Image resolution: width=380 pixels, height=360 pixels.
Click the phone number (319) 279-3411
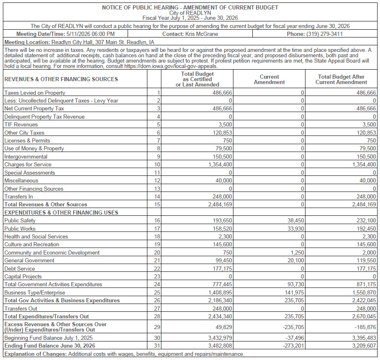(x=324, y=34)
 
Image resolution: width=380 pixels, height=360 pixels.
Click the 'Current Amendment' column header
(x=269, y=79)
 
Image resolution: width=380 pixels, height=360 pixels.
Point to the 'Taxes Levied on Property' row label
(x=35, y=93)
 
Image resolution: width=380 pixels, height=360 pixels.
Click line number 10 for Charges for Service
(x=156, y=165)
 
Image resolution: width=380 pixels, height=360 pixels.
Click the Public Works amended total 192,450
(x=364, y=229)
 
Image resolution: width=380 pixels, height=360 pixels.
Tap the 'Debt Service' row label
(x=19, y=269)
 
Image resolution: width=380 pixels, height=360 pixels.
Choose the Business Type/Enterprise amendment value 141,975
(x=293, y=292)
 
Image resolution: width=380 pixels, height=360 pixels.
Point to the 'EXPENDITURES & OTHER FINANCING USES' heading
(x=61, y=213)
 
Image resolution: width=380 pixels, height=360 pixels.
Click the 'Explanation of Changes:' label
(x=35, y=354)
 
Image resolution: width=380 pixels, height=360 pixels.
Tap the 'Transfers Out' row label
(x=21, y=309)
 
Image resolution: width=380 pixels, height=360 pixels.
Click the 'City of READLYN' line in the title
(x=190, y=13)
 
